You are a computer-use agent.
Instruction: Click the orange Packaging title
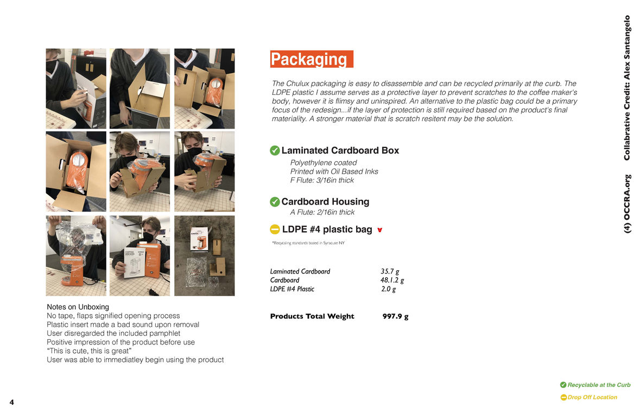pos(312,59)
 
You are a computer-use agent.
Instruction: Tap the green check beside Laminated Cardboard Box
pos(275,150)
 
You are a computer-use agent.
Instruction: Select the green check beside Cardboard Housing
pos(275,201)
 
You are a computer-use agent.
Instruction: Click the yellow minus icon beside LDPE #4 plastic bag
pos(275,230)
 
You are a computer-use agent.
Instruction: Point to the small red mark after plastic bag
pos(379,230)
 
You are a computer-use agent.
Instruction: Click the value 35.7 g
pos(390,271)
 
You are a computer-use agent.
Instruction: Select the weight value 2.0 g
pos(388,289)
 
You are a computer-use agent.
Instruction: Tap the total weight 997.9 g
pos(395,316)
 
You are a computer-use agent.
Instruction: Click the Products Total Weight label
pos(312,316)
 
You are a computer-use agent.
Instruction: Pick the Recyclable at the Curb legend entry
pos(595,385)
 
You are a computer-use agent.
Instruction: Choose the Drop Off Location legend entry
pos(588,397)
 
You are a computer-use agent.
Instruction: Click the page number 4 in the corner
pos(11,402)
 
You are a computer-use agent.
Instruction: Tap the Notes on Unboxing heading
pos(78,307)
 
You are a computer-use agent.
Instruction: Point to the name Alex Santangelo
pos(627,47)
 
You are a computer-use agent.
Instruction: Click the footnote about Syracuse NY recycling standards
pos(308,243)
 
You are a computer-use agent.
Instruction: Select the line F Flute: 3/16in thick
pos(322,180)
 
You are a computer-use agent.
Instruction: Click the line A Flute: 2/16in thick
pos(322,212)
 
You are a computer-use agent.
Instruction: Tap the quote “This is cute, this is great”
pos(89,351)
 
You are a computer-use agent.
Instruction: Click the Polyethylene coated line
pos(324,163)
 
